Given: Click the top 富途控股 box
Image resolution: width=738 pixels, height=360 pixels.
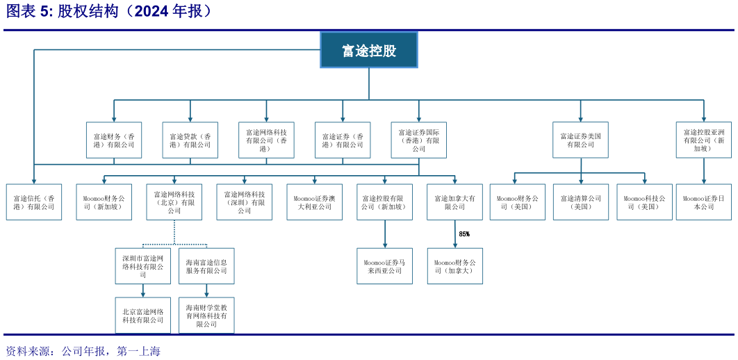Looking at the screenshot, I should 368,50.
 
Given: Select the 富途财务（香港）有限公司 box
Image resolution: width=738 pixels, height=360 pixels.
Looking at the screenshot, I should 114,140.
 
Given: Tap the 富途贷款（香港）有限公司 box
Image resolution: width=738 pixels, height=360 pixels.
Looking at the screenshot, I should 190,140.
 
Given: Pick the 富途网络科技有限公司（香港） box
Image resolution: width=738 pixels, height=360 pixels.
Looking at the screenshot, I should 266,140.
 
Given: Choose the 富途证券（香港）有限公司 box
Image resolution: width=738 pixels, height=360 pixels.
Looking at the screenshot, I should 343,140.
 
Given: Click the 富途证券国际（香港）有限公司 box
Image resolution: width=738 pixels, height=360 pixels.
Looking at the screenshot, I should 418,140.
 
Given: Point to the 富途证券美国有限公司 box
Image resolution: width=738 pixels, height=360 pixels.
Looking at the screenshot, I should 580,140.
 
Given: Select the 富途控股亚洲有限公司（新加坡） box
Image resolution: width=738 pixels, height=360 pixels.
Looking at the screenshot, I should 703,140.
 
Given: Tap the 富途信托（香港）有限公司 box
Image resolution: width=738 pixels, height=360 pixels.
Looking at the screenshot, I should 33,202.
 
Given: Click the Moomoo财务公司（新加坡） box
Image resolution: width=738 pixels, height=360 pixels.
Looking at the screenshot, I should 104,202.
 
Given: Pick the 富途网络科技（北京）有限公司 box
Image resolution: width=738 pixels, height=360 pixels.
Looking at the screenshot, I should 174,202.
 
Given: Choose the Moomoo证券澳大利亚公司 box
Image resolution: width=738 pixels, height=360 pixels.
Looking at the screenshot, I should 314,202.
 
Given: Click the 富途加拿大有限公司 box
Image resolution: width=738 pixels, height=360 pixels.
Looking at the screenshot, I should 454,202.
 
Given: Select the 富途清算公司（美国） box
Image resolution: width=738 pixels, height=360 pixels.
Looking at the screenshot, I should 580,202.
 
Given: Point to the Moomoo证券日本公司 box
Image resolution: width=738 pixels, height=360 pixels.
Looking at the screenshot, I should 703,202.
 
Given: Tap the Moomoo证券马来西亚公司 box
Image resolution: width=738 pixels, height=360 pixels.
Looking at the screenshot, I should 384,266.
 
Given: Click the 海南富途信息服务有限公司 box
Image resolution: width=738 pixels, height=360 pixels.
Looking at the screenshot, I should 206,266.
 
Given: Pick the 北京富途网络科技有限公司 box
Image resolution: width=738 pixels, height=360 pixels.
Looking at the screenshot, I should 142,316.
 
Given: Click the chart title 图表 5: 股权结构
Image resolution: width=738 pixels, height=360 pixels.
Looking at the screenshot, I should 108,12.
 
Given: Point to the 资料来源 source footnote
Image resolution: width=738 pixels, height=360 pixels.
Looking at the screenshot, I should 82,351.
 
